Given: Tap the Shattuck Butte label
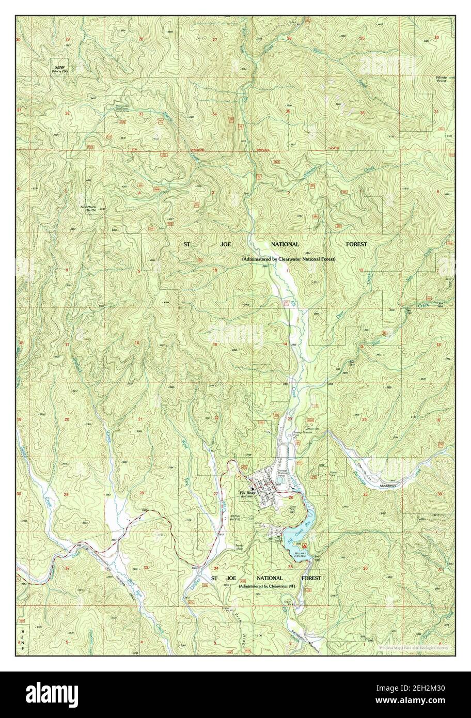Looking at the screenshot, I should click(88, 209).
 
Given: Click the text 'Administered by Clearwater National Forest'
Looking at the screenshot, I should click(288, 259).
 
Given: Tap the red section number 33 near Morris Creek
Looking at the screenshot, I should click(140, 113).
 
